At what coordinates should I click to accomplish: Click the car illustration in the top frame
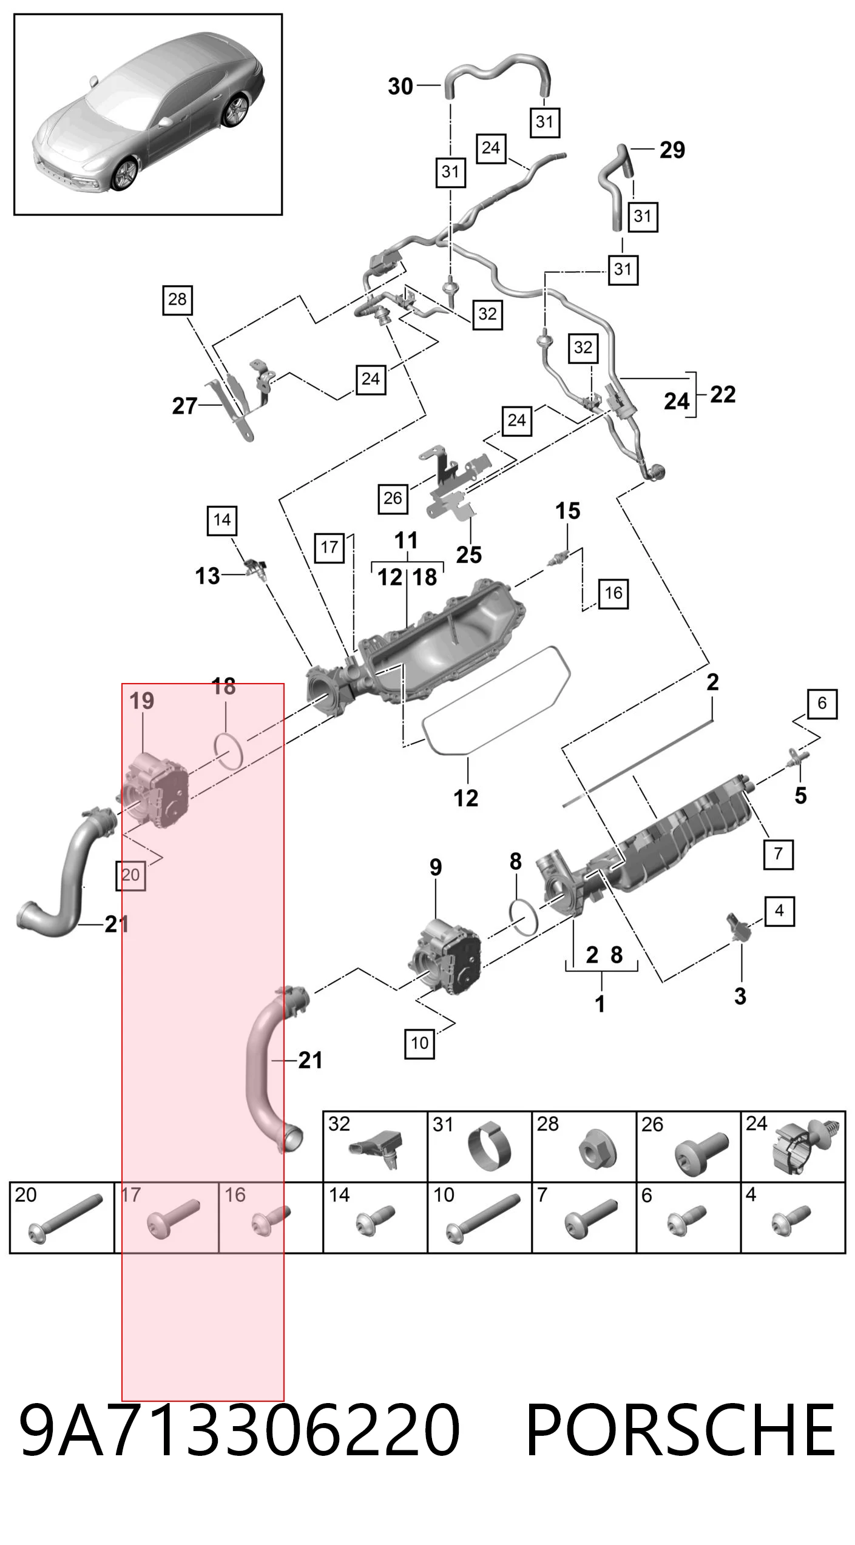149,113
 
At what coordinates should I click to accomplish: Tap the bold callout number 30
400,87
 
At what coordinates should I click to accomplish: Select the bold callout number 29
672,150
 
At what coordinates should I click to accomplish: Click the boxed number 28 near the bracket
177,300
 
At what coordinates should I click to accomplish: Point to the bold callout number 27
184,406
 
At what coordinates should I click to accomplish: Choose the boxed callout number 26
393,499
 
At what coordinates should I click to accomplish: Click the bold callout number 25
469,554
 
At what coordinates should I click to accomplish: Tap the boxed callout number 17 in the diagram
329,548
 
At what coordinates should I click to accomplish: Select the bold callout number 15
568,511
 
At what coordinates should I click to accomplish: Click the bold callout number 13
208,576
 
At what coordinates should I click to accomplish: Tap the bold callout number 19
142,701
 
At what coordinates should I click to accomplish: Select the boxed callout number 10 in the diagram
420,1043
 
